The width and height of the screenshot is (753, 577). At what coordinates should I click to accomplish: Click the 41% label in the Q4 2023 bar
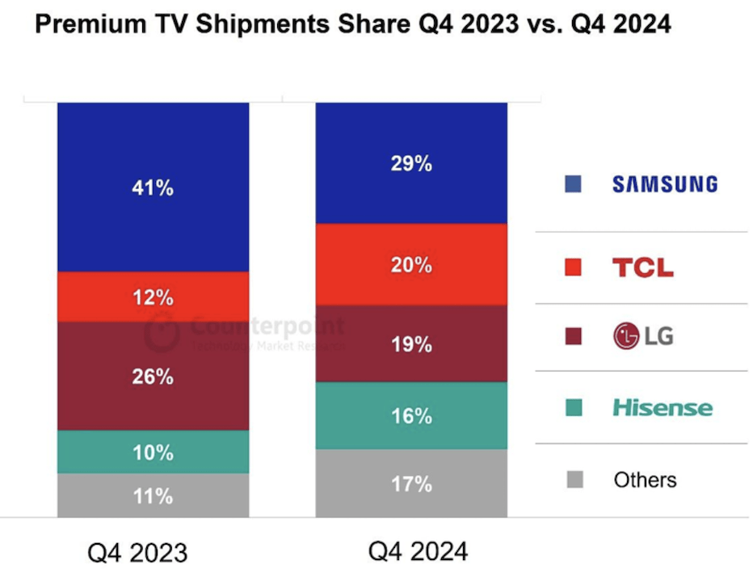153,188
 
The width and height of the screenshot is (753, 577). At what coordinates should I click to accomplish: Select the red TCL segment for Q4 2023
153,297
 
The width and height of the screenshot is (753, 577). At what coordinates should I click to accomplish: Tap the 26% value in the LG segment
153,377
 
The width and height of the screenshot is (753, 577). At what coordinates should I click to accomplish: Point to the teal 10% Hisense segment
153,453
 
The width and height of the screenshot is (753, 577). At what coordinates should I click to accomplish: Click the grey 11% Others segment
153,495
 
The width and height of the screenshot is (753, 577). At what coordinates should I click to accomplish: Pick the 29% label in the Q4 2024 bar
411,164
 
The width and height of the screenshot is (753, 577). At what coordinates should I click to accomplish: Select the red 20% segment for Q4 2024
411,264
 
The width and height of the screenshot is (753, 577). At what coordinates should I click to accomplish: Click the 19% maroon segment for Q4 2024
411,345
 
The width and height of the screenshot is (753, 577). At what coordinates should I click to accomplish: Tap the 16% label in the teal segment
411,416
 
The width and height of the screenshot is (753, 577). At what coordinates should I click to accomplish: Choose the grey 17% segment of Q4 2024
411,484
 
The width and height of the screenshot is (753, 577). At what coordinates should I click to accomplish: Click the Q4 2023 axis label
137,553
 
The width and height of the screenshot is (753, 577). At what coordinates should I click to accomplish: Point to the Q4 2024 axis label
418,551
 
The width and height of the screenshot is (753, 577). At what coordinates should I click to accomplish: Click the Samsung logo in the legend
664,184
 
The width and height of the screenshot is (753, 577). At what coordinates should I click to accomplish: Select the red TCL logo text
642,267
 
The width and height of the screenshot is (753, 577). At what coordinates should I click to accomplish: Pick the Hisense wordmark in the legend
663,407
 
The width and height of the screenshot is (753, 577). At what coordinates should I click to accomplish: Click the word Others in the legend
645,480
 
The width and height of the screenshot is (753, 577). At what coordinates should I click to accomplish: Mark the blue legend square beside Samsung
573,184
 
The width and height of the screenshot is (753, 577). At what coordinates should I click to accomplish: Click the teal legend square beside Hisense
574,408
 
